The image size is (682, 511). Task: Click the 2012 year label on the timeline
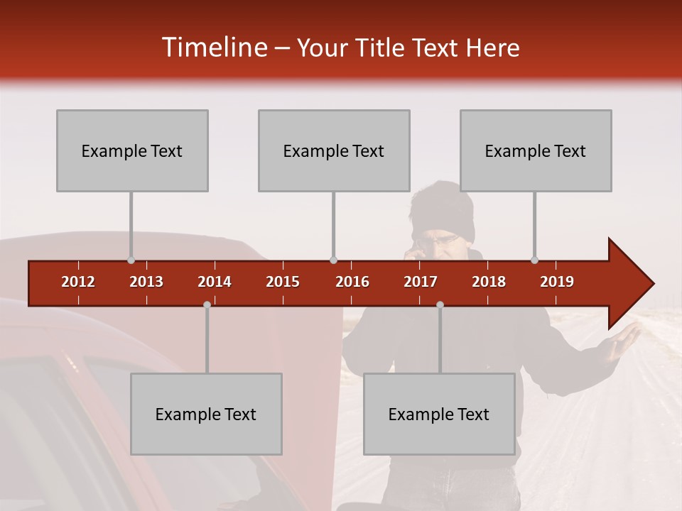click(x=78, y=282)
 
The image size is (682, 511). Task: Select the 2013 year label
click(x=146, y=282)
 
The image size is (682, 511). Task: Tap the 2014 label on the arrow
click(x=215, y=282)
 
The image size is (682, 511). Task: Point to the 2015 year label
click(x=283, y=282)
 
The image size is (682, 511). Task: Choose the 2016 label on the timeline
click(x=352, y=282)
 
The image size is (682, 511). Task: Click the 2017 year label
click(x=421, y=282)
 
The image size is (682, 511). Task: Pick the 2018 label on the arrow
click(x=489, y=282)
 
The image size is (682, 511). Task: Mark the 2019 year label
click(x=557, y=282)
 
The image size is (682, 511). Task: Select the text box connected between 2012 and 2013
click(x=132, y=150)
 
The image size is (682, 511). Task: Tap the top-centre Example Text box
click(x=334, y=150)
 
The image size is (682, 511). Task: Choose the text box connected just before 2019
click(x=536, y=150)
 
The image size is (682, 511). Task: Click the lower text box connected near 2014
click(x=206, y=414)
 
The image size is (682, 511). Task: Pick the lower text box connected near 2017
click(x=439, y=414)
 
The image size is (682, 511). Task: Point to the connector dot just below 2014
click(x=207, y=304)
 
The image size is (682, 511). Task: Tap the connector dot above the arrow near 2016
click(x=333, y=260)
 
